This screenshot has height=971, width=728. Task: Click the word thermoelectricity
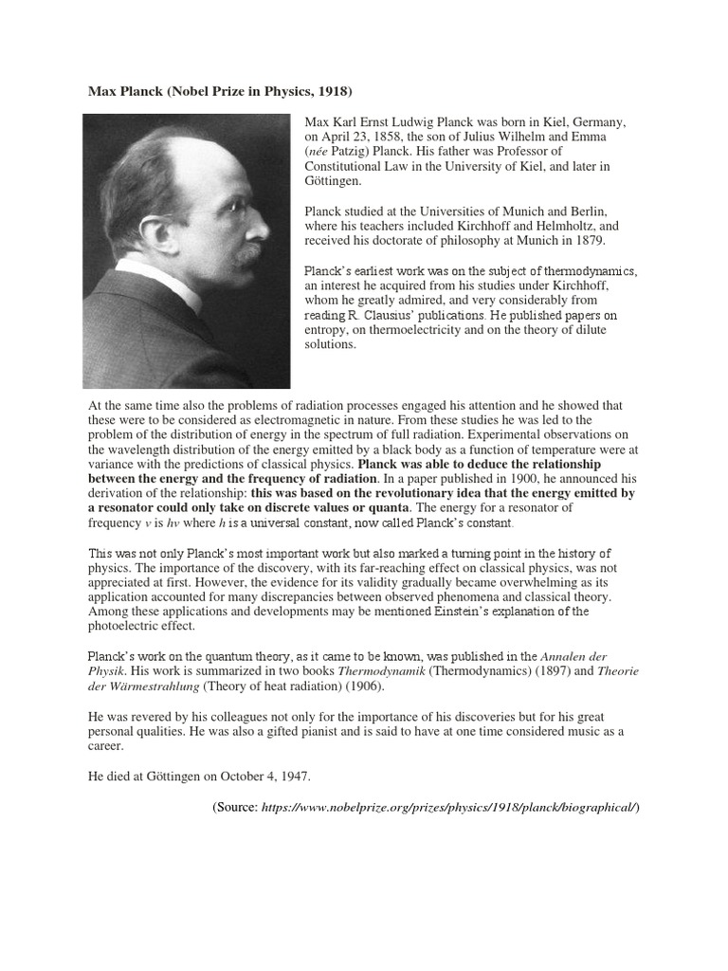click(439, 330)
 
